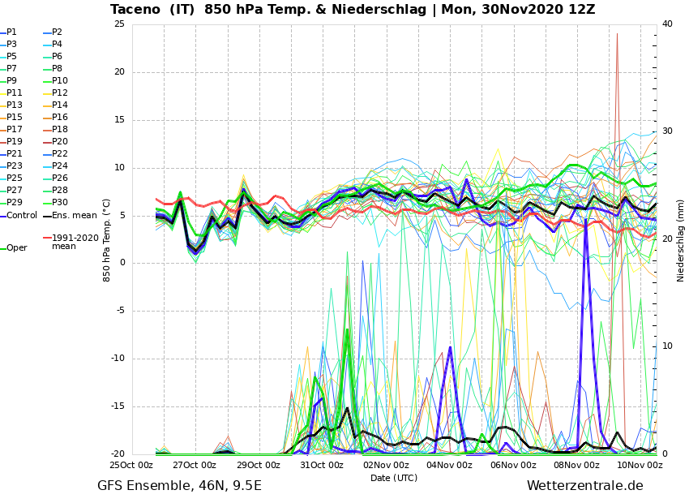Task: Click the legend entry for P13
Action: (15, 105)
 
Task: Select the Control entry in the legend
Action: (22, 216)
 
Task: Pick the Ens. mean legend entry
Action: (74, 216)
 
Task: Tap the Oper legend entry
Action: (17, 248)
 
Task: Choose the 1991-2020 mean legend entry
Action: (75, 242)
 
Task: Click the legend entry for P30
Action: (60, 203)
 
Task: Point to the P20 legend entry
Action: (60, 142)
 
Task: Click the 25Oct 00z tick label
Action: (131, 466)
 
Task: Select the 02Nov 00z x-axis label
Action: (386, 466)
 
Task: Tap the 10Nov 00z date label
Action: (640, 466)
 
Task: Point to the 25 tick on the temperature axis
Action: (119, 24)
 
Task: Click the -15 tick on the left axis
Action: (118, 407)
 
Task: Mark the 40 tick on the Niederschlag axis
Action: (667, 24)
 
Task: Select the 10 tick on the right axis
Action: (667, 346)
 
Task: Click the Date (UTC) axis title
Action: (394, 479)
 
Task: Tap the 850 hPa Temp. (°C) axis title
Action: (107, 240)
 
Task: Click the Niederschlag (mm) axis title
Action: (681, 240)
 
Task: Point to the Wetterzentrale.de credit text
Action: (584, 486)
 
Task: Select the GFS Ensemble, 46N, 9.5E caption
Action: (179, 486)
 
